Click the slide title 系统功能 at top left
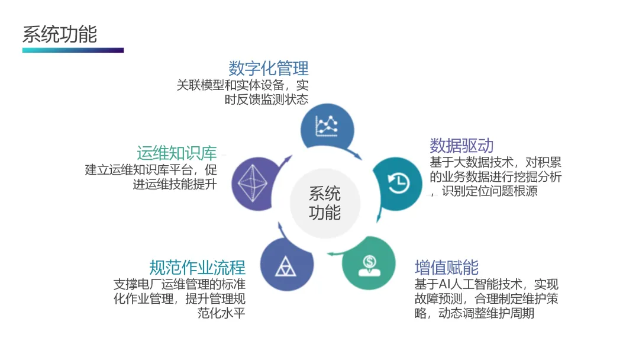[60, 34]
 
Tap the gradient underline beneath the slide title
[73, 50]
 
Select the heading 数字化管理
[269, 68]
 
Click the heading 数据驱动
[461, 145]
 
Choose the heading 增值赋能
[447, 267]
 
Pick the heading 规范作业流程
[197, 267]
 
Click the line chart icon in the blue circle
[327, 124]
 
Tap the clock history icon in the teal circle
[397, 182]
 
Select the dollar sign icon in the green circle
[369, 263]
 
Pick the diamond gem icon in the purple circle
[256, 184]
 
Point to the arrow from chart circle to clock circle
[356, 155]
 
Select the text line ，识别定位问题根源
[484, 191]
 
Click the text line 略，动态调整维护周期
[475, 313]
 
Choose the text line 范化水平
[221, 313]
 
